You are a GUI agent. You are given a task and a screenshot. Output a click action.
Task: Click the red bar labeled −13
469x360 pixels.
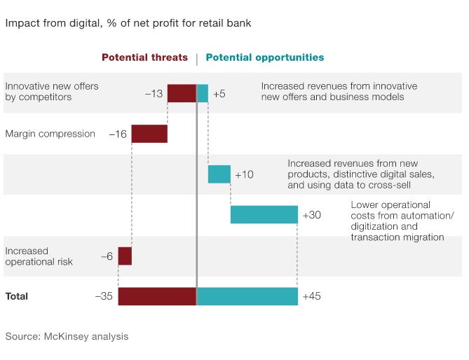(182, 93)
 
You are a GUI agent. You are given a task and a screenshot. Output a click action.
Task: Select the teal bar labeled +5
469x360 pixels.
(203, 93)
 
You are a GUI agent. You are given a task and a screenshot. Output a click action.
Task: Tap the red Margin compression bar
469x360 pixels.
(149, 133)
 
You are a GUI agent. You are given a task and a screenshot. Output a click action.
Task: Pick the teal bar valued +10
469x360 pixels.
(219, 174)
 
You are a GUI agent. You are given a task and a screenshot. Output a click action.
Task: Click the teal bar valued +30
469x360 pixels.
(264, 214)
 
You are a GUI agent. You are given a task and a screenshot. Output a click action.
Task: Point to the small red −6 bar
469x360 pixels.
(125, 256)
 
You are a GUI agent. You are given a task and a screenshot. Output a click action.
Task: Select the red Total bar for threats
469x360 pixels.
(157, 296)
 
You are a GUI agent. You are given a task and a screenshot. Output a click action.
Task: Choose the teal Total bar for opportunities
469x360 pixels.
(247, 296)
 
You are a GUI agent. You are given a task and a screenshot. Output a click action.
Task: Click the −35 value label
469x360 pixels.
(104, 296)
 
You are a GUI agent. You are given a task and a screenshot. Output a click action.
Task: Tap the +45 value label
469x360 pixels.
(311, 296)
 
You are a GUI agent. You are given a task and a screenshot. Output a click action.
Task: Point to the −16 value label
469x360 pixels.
(118, 134)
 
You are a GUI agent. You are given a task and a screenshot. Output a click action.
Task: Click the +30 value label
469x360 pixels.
(311, 215)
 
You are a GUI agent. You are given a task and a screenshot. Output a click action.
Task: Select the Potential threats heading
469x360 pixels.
(145, 57)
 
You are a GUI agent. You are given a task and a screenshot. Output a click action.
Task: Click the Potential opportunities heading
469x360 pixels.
(265, 57)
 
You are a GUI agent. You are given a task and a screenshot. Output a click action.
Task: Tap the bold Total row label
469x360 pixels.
(17, 296)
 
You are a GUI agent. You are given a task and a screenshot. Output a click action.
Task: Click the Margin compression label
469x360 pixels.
(50, 133)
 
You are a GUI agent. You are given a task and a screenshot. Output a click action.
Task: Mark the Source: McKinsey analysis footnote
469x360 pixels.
(67, 336)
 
